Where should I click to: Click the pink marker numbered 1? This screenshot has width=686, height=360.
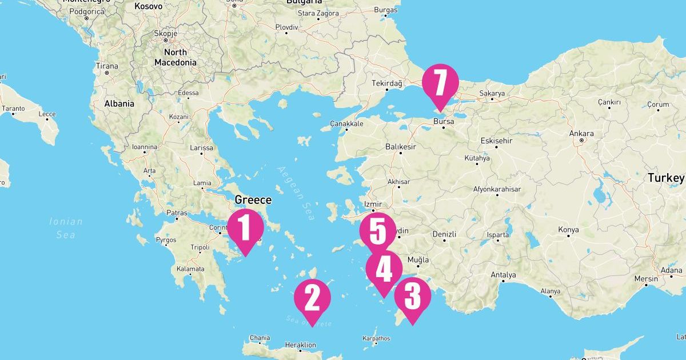click(245, 228)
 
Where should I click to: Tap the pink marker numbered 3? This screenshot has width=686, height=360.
click(412, 297)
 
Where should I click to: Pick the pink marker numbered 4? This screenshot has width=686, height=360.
click(384, 269)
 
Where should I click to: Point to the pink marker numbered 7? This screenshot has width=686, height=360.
click(440, 83)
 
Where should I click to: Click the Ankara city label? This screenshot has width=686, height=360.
click(581, 134)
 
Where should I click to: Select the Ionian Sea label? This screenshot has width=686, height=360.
click(66, 227)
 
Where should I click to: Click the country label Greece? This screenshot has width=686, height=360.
click(253, 200)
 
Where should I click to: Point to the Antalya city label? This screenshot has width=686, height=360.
click(503, 275)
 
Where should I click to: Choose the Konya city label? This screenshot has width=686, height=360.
click(568, 230)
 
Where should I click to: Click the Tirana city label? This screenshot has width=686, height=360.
click(107, 66)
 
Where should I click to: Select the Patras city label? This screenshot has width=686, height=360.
click(177, 213)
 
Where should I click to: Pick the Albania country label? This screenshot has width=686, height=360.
click(119, 103)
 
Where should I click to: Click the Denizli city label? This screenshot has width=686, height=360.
click(444, 234)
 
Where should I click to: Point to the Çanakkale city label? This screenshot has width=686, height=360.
click(346, 123)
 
